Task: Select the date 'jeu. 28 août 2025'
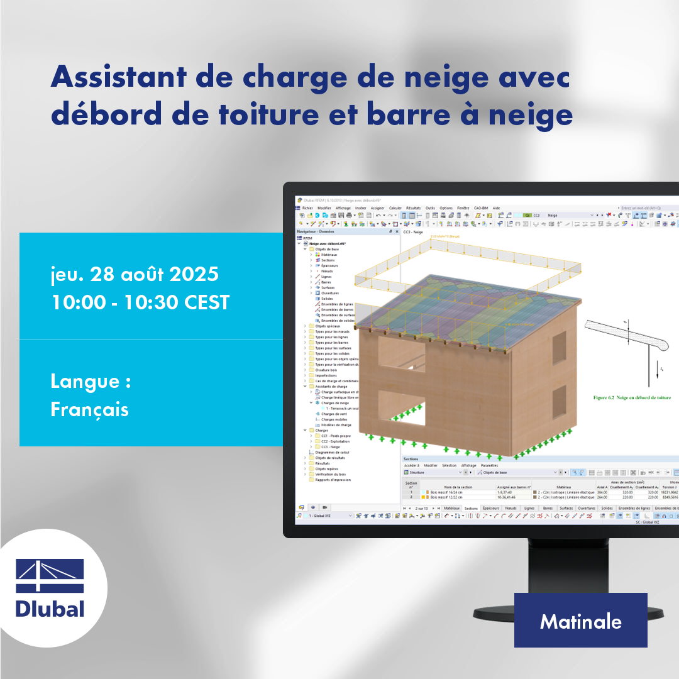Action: (x=135, y=275)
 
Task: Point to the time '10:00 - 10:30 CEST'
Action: (x=140, y=302)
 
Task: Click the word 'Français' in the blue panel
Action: (x=89, y=409)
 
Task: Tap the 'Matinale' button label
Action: (x=580, y=621)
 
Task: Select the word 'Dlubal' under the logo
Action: (x=50, y=609)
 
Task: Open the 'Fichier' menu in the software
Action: (x=307, y=207)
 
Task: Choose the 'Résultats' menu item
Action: (x=413, y=207)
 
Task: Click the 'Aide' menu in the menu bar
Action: (x=496, y=207)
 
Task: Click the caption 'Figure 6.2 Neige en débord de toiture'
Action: (x=632, y=397)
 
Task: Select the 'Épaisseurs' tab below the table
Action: (x=491, y=508)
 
